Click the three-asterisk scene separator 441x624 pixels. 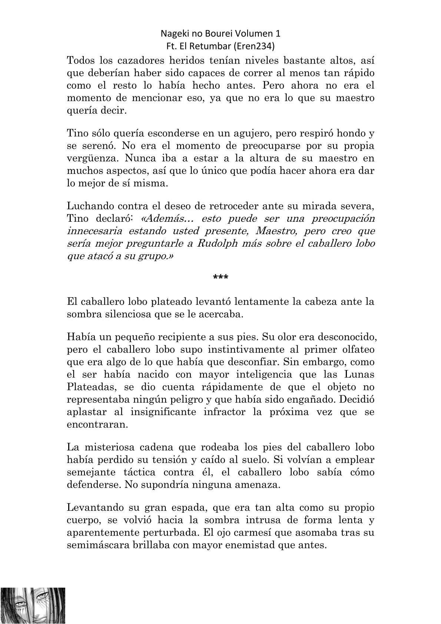pyautogui.click(x=221, y=277)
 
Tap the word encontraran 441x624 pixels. pyautogui.click(x=97, y=425)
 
